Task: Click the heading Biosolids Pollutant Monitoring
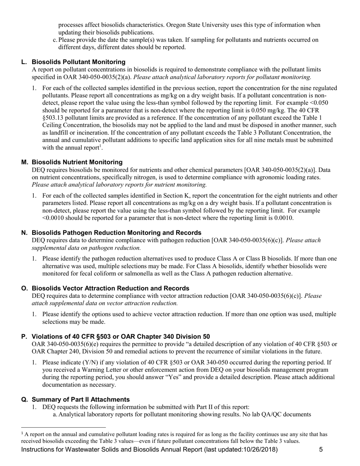78,62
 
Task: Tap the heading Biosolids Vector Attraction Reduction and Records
110,288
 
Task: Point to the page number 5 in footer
321,450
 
